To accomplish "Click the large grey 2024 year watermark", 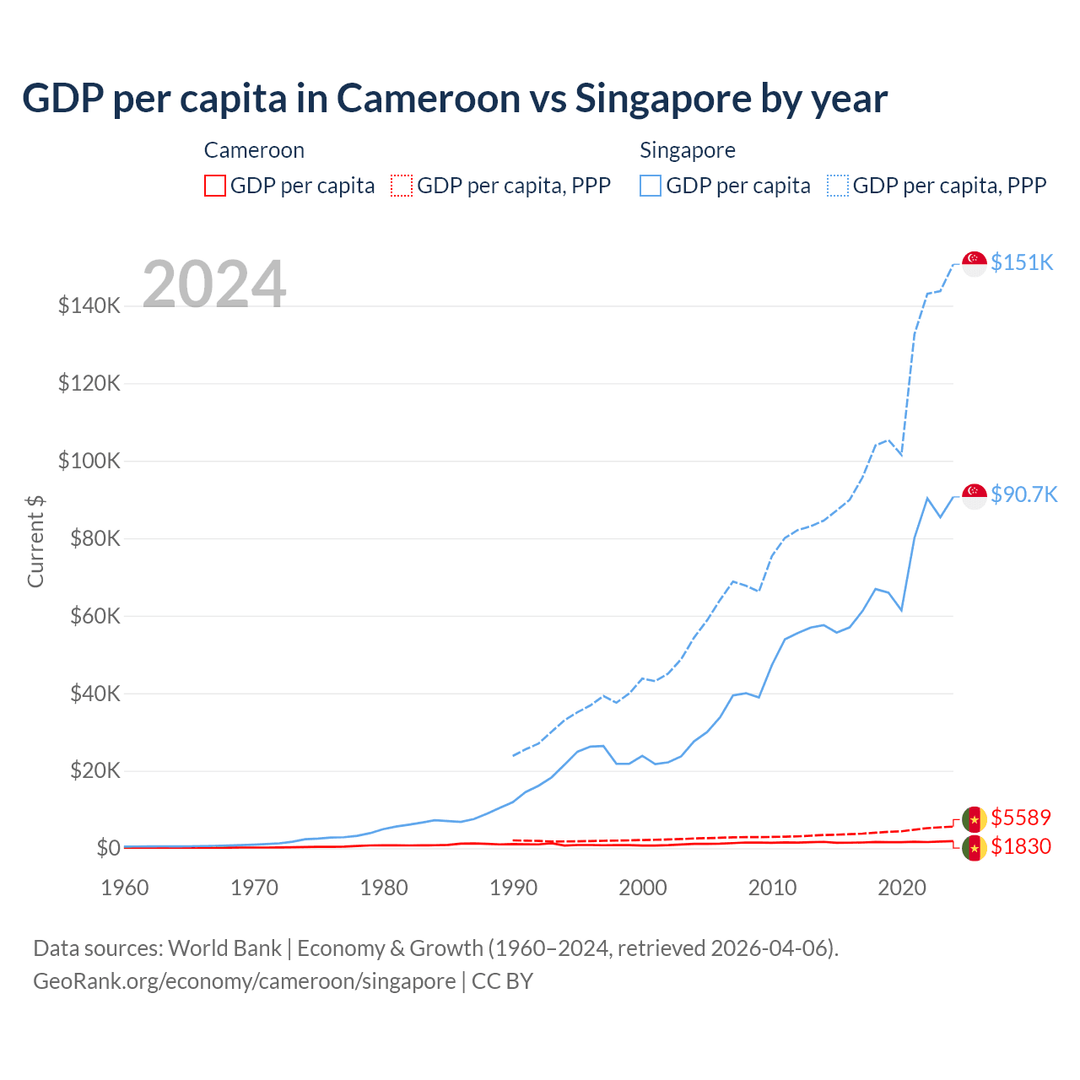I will (x=214, y=284).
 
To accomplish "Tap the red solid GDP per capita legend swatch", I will (x=215, y=186).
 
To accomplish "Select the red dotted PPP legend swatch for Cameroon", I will (x=402, y=186).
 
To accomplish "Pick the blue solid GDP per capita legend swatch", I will (x=651, y=186).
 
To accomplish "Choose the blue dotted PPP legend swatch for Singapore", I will (x=838, y=186).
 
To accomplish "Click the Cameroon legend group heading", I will (x=254, y=150).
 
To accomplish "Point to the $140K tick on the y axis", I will (x=89, y=305).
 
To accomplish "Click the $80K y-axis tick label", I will (x=89, y=538).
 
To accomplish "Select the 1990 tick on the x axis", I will (x=513, y=888).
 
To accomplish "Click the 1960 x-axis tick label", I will (x=125, y=888).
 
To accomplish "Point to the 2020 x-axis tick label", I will (x=902, y=888).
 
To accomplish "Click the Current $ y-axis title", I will (x=35, y=541).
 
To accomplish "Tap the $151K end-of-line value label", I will (x=1022, y=262).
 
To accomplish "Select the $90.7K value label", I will (x=1023, y=494).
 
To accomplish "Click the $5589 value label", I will (x=1021, y=818).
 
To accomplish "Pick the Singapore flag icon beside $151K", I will (x=975, y=263).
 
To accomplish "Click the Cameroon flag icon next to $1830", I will (x=975, y=848).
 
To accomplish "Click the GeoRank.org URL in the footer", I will (x=245, y=981).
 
